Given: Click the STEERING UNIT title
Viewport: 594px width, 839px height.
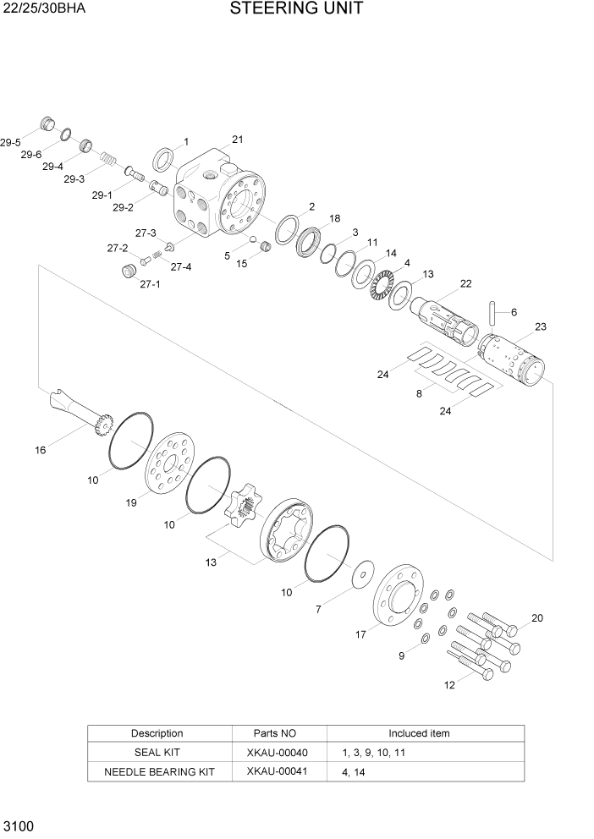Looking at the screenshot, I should (x=296, y=9).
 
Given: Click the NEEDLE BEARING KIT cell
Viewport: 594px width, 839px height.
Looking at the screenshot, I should (x=159, y=771).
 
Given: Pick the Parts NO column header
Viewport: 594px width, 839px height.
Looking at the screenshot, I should (x=276, y=733).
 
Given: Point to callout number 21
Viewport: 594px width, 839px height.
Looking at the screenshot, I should (x=237, y=140).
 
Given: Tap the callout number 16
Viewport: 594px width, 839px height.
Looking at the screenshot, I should (x=40, y=450).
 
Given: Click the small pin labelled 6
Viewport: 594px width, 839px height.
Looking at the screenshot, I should (x=492, y=311).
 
